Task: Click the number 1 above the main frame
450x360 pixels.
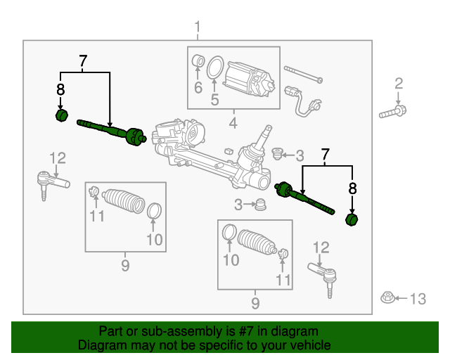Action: pyautogui.click(x=198, y=28)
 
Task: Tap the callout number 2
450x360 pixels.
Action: pyautogui.click(x=399, y=84)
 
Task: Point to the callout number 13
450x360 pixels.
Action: pyautogui.click(x=418, y=300)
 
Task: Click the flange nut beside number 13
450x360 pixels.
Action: pyautogui.click(x=387, y=297)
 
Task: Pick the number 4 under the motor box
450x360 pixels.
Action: pyautogui.click(x=233, y=125)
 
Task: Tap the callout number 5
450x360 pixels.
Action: pyautogui.click(x=215, y=100)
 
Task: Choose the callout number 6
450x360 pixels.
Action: pyautogui.click(x=198, y=88)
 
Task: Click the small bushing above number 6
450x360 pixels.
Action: pyautogui.click(x=198, y=63)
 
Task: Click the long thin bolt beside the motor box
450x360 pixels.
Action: pyautogui.click(x=303, y=74)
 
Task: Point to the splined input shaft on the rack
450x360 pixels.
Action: pyautogui.click(x=267, y=132)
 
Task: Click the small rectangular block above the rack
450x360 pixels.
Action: pyautogui.click(x=229, y=150)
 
